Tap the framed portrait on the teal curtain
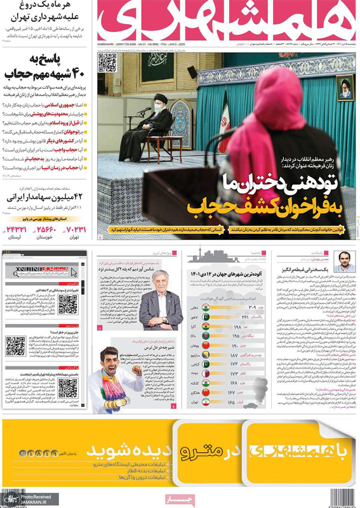click(345, 87)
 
